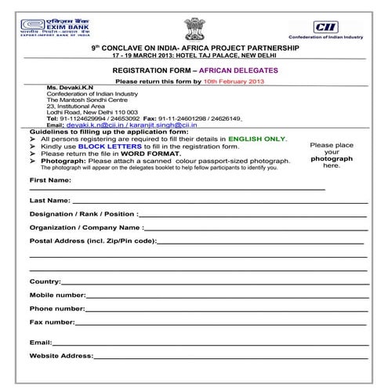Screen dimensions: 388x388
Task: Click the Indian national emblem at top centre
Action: [193, 24]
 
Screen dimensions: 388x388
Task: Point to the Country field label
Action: [45, 281]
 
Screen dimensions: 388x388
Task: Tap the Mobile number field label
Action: [57, 295]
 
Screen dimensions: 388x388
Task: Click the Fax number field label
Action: [52, 322]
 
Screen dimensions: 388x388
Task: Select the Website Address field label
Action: [60, 356]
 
